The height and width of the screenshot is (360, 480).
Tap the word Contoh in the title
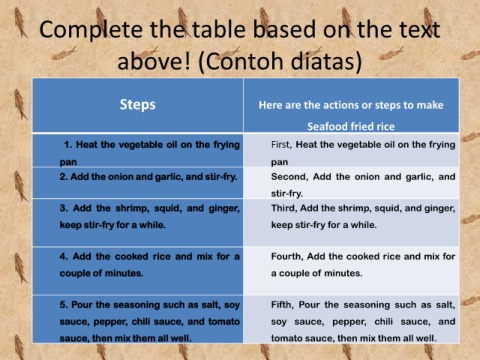click(x=243, y=62)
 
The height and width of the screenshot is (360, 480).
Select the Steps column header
click(x=137, y=105)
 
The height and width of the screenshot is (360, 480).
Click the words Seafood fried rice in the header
click(x=351, y=127)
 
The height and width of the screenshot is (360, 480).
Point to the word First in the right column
click(x=281, y=145)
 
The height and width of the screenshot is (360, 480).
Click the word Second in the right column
click(x=289, y=177)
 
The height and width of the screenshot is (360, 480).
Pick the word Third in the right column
click(x=283, y=208)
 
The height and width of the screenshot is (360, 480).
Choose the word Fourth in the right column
click(x=287, y=257)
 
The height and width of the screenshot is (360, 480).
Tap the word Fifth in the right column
click(x=282, y=305)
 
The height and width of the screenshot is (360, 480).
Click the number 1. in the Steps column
click(x=68, y=145)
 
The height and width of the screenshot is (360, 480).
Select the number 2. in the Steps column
click(x=64, y=177)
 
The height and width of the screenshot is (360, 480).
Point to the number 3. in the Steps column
click(x=64, y=208)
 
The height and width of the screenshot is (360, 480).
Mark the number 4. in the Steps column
click(x=64, y=257)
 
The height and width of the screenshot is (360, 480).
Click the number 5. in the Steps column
click(x=64, y=305)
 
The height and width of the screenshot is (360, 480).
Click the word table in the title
click(x=220, y=30)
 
